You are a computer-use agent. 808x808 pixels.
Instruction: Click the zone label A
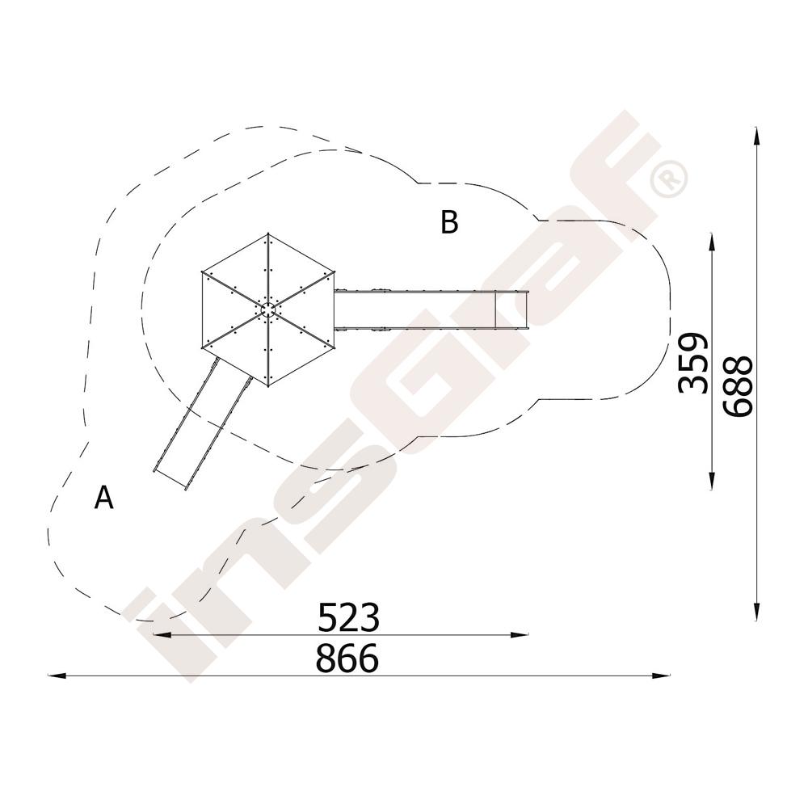(104, 497)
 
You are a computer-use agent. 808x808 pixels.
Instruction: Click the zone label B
(449, 223)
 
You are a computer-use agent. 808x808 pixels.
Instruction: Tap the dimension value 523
(348, 617)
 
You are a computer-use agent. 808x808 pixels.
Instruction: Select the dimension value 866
(347, 658)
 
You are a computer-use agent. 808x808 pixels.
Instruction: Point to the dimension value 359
(693, 363)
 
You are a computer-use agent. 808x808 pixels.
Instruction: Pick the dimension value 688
(738, 385)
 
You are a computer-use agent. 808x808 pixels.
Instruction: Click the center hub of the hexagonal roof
(268, 309)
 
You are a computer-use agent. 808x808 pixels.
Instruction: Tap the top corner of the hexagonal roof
(268, 234)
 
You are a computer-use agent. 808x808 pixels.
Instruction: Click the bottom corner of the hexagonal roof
(268, 385)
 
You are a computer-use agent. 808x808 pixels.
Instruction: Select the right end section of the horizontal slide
(511, 309)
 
